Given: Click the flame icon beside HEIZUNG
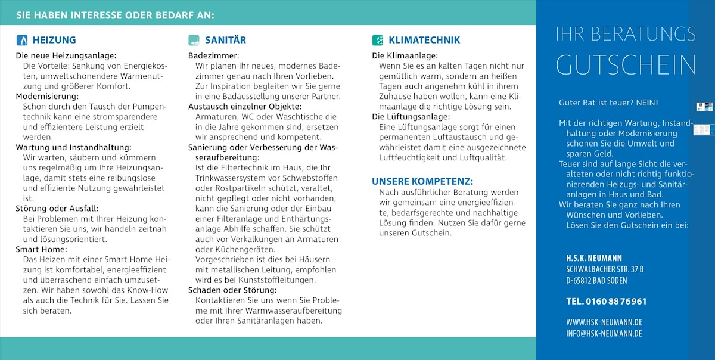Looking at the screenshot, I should click(21, 41).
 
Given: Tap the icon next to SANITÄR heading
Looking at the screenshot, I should click(194, 41).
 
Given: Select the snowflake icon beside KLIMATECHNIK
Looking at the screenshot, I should click(378, 41).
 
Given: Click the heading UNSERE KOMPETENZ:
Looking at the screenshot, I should click(422, 181).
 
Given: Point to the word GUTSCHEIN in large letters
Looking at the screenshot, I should click(626, 65).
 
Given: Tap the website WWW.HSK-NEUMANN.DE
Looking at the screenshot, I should click(604, 322).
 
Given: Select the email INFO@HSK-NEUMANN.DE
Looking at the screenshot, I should click(604, 333).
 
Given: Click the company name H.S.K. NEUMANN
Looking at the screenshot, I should click(594, 258).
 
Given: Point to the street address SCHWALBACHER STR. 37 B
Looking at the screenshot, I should click(605, 269).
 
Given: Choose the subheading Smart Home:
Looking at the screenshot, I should click(42, 249).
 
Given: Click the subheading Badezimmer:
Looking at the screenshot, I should click(212, 55).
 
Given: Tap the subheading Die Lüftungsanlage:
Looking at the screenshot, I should click(411, 116).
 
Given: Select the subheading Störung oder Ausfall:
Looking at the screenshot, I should click(57, 208).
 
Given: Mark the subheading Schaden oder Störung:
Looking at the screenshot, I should click(232, 290).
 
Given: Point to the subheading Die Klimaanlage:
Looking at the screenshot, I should click(405, 55).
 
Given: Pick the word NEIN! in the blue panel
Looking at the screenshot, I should click(646, 103).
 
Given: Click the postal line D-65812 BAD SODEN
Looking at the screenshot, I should click(596, 281).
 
